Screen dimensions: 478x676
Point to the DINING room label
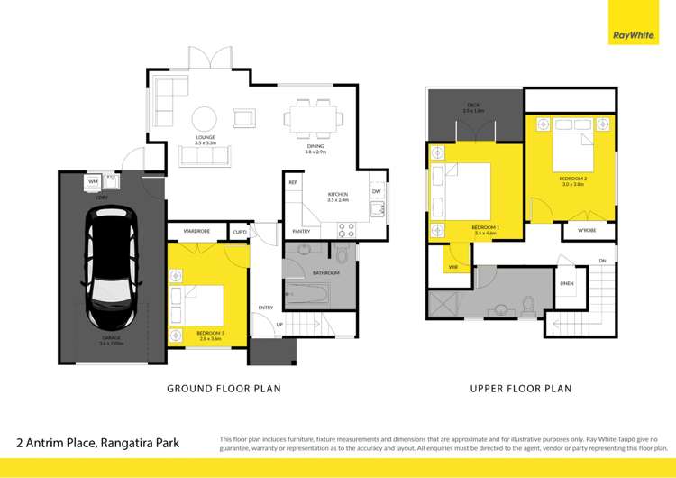coord(315,149)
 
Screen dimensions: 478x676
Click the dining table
coord(314,118)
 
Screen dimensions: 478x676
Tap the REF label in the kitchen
coord(293,183)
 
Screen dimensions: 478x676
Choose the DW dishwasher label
coord(375,191)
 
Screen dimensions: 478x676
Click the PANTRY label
coord(301,232)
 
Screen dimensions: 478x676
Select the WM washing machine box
coord(93,182)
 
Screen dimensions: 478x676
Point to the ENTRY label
coord(265,308)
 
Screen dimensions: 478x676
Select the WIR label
coord(452,268)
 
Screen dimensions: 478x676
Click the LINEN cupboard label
coord(566,284)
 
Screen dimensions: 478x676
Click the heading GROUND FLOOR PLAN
coord(224,389)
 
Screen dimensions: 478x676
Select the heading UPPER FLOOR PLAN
coord(521,389)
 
